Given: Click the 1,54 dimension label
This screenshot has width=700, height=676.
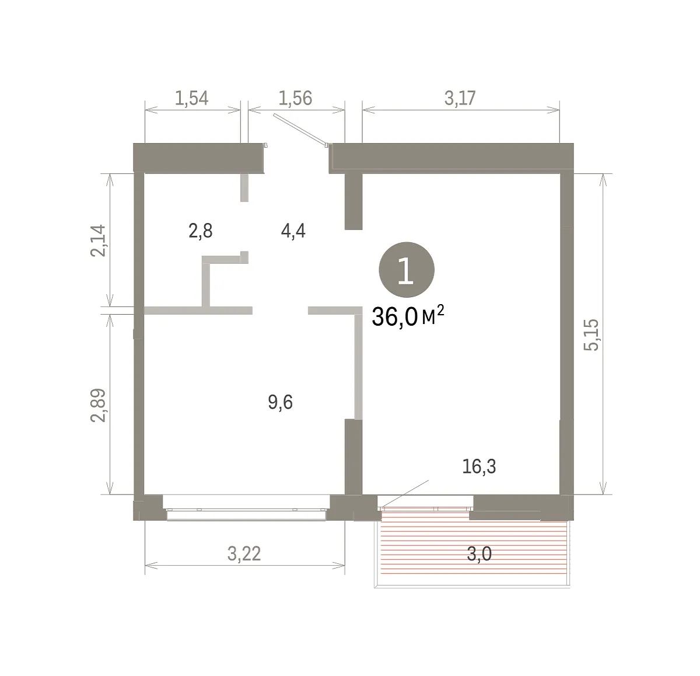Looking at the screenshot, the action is [x=191, y=98].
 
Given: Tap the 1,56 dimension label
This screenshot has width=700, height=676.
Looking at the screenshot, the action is [x=295, y=98].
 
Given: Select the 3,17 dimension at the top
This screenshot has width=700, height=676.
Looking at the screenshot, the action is [x=460, y=98].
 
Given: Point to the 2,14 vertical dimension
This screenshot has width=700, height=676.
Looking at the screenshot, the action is [x=98, y=241].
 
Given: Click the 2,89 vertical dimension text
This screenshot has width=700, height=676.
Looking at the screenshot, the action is [x=98, y=405].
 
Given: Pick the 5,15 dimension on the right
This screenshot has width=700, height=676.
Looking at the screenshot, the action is [x=591, y=334].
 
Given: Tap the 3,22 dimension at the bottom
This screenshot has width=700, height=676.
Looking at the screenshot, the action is [x=244, y=553].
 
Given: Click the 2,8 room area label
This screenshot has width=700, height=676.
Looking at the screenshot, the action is [x=200, y=231].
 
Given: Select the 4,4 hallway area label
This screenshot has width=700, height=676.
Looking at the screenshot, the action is [x=293, y=231].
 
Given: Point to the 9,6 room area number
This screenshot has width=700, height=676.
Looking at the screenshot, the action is [x=280, y=402].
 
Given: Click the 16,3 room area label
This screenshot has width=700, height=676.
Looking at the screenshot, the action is [x=479, y=466].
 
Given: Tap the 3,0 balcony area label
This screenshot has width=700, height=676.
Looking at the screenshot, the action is [x=479, y=553].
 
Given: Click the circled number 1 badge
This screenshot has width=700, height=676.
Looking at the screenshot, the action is [x=407, y=270].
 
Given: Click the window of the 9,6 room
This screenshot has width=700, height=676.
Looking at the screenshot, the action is [x=246, y=511].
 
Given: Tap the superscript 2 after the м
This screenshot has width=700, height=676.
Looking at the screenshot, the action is [x=440, y=311].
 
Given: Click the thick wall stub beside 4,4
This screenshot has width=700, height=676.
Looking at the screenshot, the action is [x=353, y=201].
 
